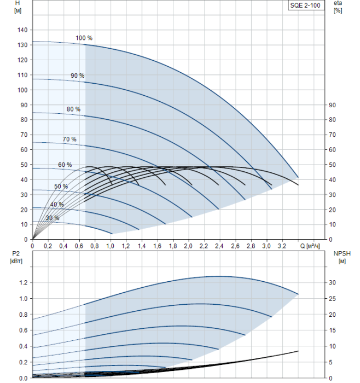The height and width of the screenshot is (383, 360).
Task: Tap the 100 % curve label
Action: pyautogui.click(x=84, y=38)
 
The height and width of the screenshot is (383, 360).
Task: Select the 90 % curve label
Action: pyautogui.click(x=77, y=75)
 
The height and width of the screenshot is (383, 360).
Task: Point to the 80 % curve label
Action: pyautogui.click(x=73, y=109)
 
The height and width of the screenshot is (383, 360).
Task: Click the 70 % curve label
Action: pyautogui.click(x=69, y=139)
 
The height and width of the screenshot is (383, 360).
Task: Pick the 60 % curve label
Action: pyautogui.click(x=65, y=165)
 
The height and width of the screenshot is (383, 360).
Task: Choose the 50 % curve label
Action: pyautogui.click(x=61, y=187)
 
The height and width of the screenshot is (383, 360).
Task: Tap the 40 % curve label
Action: pyautogui.click(x=57, y=204)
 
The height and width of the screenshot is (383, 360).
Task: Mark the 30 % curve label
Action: pyautogui.click(x=53, y=218)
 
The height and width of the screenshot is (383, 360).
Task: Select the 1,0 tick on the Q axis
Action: pyautogui.click(x=111, y=246)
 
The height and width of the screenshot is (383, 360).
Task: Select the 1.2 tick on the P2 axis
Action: pyautogui.click(x=23, y=283)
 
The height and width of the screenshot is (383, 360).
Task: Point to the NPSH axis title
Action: pyautogui.click(x=339, y=257)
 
